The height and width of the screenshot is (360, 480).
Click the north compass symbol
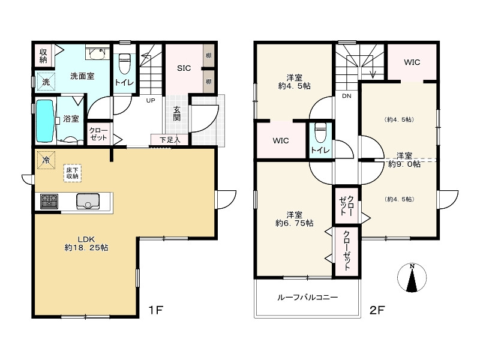tap(412, 278)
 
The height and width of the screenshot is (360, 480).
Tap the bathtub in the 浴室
tap(46, 121)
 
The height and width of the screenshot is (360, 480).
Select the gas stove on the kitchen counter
tap(49, 202)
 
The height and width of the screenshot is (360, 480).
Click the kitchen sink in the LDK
tap(88, 202)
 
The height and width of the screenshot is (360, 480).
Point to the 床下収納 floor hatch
tap(73, 173)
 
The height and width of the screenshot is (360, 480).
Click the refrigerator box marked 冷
tap(46, 160)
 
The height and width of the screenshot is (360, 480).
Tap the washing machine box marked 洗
tap(46, 82)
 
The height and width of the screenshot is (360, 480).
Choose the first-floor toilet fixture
tap(124, 64)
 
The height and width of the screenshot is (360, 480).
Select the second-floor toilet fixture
tap(320, 133)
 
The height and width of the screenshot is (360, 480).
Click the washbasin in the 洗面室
tap(98, 53)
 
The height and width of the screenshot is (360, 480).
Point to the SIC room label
tap(184, 68)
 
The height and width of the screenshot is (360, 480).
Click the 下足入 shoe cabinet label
tap(170, 140)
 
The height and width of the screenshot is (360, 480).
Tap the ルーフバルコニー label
tap(307, 297)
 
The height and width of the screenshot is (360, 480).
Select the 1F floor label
tap(155, 310)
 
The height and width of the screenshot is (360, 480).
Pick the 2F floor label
tap(377, 310)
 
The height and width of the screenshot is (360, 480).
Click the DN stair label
tap(347, 96)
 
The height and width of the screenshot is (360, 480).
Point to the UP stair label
tap(151, 100)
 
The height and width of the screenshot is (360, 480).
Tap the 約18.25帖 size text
tap(86, 248)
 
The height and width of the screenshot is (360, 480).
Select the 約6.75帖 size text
tap(295, 223)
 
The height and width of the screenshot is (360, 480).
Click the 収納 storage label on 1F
tap(43, 56)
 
